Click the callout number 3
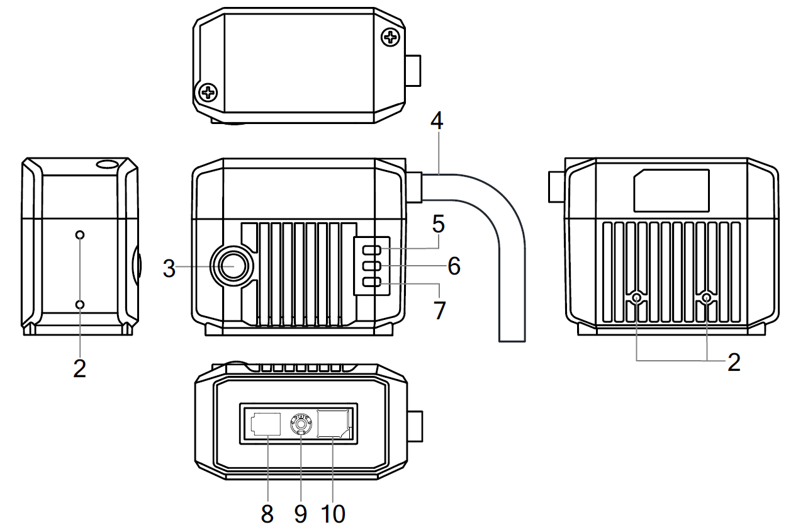[168, 268]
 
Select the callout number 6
[454, 266]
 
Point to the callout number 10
[334, 513]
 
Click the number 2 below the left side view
[79, 368]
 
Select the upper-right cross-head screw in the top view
[391, 38]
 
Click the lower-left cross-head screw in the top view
[208, 93]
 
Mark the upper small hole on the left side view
[80, 235]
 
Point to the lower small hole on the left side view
[80, 305]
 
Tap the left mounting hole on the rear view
[638, 298]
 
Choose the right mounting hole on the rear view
[707, 298]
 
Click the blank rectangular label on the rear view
[671, 190]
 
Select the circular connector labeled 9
[301, 425]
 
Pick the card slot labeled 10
[334, 422]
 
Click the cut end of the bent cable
[512, 340]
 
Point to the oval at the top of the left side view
[108, 164]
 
